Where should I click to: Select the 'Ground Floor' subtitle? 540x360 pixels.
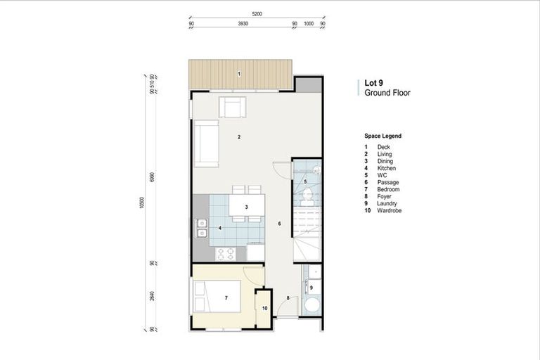387,92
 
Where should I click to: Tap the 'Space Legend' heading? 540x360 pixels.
382,136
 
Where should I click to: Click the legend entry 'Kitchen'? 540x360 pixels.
386,168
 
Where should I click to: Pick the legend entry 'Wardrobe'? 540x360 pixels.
389,211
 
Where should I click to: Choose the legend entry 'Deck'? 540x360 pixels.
383,147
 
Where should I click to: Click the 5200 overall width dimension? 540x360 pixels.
257,14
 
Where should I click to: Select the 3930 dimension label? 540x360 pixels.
243,23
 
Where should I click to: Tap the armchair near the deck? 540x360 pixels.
233,108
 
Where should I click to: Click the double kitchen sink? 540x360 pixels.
202,228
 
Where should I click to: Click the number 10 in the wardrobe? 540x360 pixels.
264,308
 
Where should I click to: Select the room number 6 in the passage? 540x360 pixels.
279,224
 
